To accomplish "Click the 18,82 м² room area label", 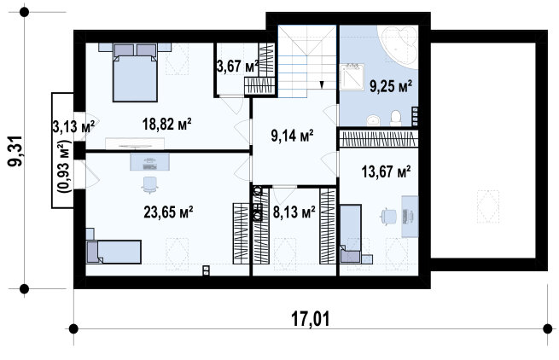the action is (x=166, y=124).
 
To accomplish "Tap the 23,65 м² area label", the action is (x=168, y=212).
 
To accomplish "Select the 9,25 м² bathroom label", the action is (x=391, y=86).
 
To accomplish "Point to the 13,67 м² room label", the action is (x=386, y=171).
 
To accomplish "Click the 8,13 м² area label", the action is (x=294, y=212).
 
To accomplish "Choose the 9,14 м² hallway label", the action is (x=293, y=136).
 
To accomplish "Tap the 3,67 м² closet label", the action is (x=238, y=67).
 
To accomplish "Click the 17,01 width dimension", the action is (x=311, y=319).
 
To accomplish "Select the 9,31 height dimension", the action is (x=15, y=151).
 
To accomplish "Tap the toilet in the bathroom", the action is (x=396, y=118).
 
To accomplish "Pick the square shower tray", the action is (x=352, y=77).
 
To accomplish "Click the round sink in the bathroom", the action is (x=373, y=120).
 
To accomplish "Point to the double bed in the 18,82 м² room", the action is (x=135, y=73).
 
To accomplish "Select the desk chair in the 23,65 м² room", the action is (x=149, y=184).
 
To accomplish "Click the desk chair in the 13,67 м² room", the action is (x=388, y=216).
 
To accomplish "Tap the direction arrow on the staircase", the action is (x=322, y=84).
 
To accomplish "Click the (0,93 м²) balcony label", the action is (x=66, y=166).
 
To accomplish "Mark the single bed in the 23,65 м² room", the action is (x=114, y=252).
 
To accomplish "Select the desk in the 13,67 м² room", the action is (x=410, y=217).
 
